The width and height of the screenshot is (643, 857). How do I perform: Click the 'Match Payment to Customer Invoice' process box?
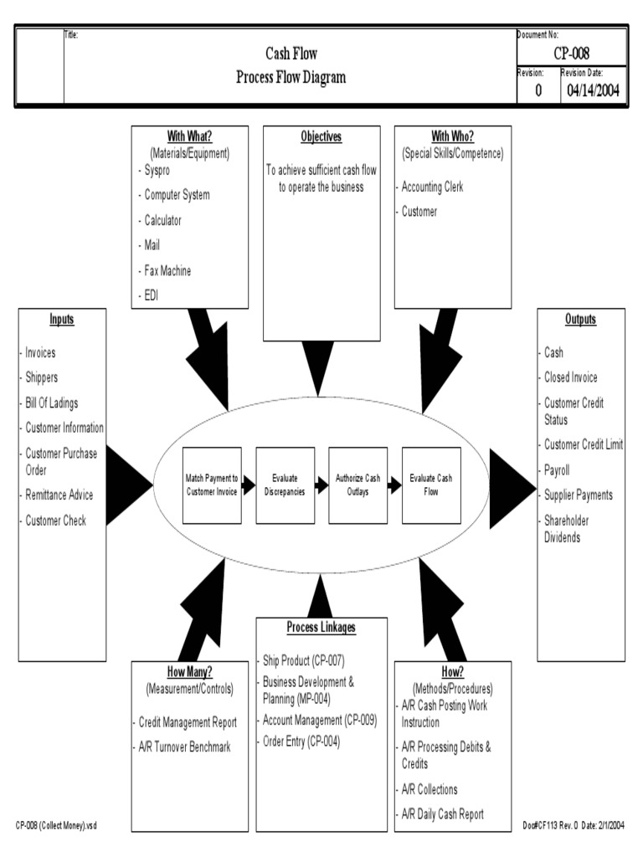point(212,485)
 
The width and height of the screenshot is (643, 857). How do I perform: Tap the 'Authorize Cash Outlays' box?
point(358,485)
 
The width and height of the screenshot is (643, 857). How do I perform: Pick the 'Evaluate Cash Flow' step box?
point(431,485)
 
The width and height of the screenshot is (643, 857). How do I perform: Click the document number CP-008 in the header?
point(571,54)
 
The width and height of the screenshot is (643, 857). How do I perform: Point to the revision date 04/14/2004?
point(593,91)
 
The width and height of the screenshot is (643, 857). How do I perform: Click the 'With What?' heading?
point(189,137)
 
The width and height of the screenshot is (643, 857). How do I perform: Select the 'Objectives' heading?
point(321,137)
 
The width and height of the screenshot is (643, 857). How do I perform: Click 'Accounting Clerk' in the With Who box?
point(432,187)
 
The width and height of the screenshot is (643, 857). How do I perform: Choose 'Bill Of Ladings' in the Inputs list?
point(51,403)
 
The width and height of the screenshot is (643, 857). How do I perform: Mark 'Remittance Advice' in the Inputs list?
point(59,495)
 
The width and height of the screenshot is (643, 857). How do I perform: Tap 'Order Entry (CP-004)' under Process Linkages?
point(301,742)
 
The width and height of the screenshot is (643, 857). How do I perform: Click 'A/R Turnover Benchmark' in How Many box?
point(184,747)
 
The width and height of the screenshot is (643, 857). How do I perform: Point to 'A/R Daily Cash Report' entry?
point(442,814)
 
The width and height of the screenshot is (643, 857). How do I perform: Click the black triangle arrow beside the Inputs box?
point(128,482)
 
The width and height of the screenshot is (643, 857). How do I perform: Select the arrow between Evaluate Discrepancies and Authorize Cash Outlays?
point(321,485)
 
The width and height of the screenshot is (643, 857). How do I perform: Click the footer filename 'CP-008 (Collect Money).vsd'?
point(57,825)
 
